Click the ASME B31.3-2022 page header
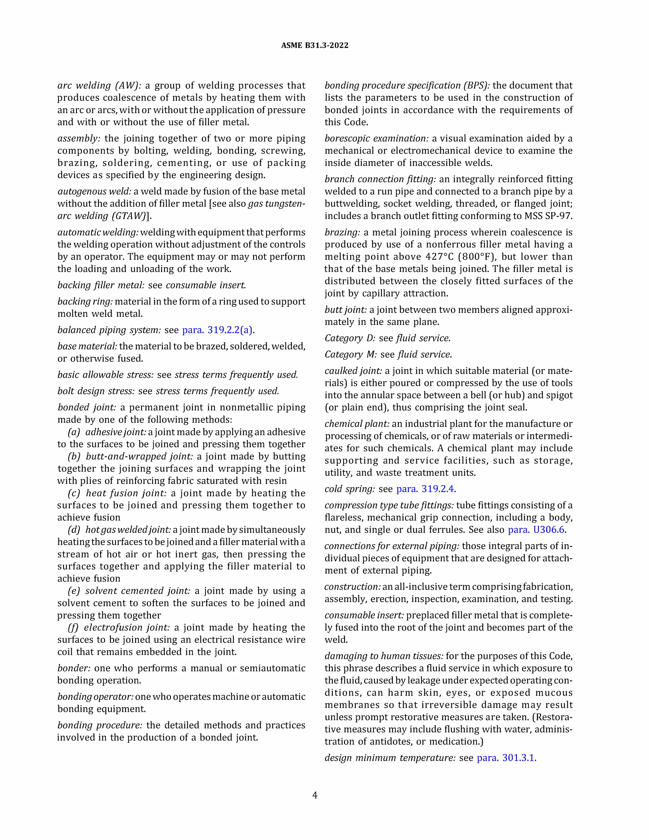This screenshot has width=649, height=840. pos(314,45)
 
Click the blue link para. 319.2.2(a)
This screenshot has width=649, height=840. pos(217,330)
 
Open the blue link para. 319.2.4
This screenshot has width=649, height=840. pos(426,489)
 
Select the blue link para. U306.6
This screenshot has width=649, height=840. pos(537,530)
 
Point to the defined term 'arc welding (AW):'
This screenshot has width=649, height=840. pos(99,85)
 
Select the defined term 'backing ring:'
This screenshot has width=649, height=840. pos(85,301)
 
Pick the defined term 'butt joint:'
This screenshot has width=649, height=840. pos(345,310)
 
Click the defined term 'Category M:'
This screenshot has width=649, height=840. pos(350,354)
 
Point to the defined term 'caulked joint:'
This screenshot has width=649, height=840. pos(353,371)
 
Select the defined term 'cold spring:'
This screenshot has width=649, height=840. pos(349,489)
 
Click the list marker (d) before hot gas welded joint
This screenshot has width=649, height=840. pos(74,530)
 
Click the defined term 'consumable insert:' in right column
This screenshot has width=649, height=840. pos(364,615)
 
